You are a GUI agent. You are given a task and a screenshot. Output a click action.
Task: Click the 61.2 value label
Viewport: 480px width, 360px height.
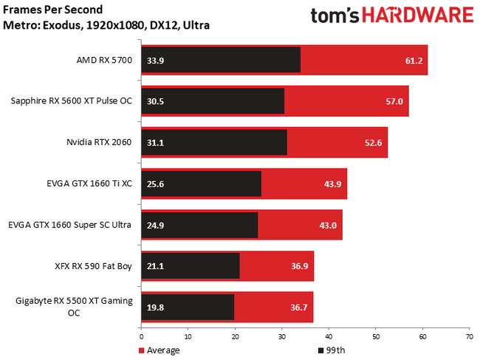tap(413, 61)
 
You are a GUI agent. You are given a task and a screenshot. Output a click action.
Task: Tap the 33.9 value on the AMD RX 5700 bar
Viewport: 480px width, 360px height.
tap(155, 61)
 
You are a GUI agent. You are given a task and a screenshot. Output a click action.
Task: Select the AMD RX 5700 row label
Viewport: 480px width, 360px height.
tap(104, 61)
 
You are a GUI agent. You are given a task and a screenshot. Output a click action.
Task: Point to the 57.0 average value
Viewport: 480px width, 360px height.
tap(394, 101)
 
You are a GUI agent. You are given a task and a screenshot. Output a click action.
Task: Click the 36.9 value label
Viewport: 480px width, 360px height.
tap(299, 265)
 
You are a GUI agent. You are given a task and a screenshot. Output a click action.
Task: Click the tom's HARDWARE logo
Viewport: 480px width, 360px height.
tap(391, 16)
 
